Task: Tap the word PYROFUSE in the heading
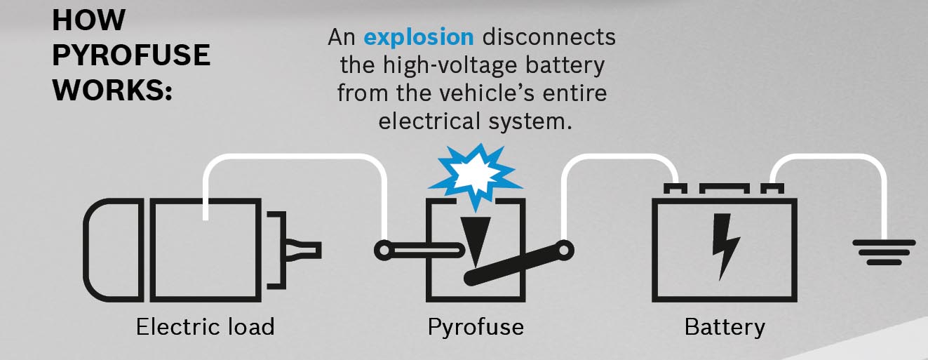pyautogui.click(x=131, y=55)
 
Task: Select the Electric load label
pyautogui.click(x=205, y=326)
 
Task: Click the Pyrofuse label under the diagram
pyautogui.click(x=476, y=326)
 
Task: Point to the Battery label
pyautogui.click(x=725, y=326)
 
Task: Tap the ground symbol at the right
pyautogui.click(x=883, y=252)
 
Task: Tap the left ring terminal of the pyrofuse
pyautogui.click(x=384, y=249)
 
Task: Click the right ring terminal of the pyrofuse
pyautogui.click(x=564, y=249)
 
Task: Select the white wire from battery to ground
pyautogui.click(x=828, y=159)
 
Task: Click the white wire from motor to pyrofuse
pyautogui.click(x=295, y=159)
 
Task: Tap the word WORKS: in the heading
pyautogui.click(x=112, y=90)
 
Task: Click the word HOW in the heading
pyautogui.click(x=88, y=21)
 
